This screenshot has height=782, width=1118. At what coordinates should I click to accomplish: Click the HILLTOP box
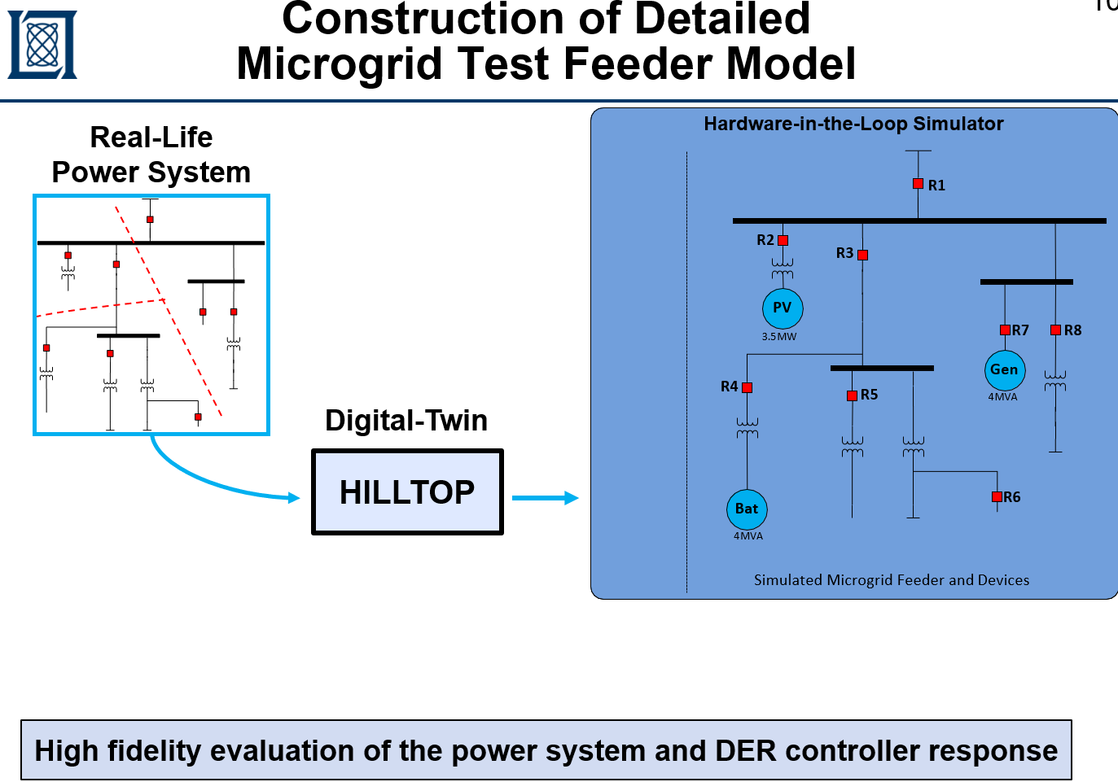407,492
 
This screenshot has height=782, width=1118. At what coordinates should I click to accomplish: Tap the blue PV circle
783,308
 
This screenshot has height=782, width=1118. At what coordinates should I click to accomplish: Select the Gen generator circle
1004,370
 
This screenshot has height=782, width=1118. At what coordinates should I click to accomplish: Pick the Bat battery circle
747,509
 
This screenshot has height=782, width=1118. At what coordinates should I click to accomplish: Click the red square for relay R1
918,184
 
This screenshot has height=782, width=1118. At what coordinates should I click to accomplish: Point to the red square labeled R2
783,240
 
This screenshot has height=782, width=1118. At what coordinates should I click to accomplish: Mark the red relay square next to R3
862,255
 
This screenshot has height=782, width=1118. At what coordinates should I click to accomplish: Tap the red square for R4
747,387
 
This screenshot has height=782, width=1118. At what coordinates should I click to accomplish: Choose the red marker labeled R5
852,395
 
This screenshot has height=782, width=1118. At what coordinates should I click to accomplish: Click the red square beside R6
997,496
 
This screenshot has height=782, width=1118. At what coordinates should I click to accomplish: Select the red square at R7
1005,330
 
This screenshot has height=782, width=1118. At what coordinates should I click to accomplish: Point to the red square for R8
1055,330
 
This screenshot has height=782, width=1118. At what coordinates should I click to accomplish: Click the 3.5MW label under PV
779,337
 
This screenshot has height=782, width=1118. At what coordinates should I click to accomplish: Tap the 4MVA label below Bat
748,536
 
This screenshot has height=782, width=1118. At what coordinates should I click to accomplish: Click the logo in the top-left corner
42,44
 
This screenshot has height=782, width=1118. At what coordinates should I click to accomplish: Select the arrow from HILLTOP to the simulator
545,498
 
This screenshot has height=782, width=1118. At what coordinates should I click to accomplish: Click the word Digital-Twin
406,421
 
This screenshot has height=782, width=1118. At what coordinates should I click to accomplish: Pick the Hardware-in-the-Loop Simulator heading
853,124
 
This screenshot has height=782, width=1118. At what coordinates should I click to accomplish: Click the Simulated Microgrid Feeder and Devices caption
891,580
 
